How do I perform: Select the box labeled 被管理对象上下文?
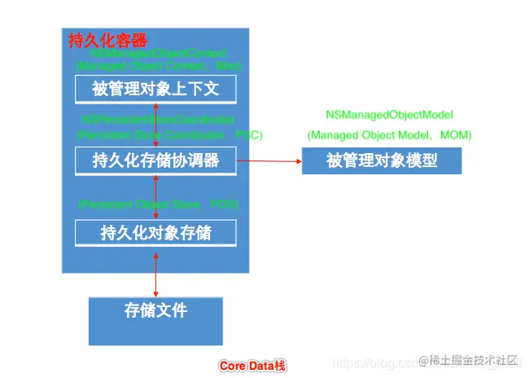[x=155, y=87]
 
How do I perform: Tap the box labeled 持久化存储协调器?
[x=155, y=160]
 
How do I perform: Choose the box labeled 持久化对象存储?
[x=155, y=233]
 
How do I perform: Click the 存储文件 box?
[x=155, y=310]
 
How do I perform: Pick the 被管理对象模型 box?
[x=382, y=160]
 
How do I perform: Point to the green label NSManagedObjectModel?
[x=389, y=115]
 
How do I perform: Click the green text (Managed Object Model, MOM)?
[x=389, y=134]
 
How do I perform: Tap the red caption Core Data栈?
[x=252, y=366]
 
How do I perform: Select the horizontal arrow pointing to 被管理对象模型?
[x=269, y=160]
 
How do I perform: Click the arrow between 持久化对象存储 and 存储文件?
[x=155, y=272]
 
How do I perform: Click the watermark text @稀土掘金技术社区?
[x=468, y=360]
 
